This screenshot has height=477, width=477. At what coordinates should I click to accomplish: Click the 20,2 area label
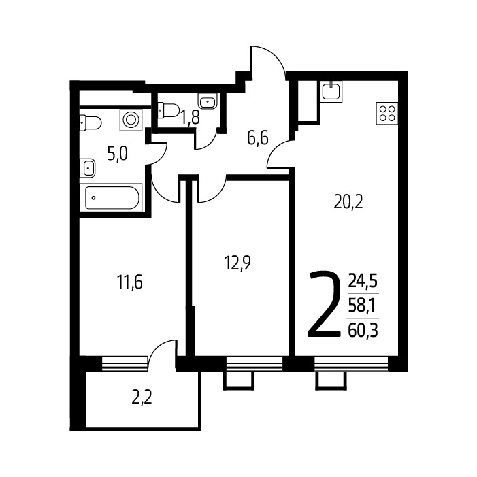click(x=348, y=202)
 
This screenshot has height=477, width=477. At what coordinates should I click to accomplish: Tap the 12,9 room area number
click(x=237, y=263)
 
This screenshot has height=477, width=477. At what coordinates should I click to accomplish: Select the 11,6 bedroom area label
click(x=129, y=282)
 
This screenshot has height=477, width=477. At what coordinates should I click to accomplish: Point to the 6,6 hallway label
click(x=258, y=139)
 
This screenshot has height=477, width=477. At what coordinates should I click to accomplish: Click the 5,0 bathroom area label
click(x=118, y=154)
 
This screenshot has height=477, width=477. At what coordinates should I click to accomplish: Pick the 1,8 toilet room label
click(x=191, y=118)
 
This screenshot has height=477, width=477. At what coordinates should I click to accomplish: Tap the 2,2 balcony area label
click(x=142, y=397)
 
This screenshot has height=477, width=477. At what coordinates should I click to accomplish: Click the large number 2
click(x=325, y=304)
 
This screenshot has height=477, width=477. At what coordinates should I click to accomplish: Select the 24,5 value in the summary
click(x=363, y=281)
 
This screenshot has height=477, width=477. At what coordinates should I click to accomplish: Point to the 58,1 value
click(x=362, y=306)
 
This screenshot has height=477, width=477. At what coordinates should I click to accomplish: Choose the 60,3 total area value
click(x=363, y=331)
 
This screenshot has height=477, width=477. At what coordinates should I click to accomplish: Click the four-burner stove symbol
click(x=387, y=114)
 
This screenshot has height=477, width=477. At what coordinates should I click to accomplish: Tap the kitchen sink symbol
click(x=331, y=91)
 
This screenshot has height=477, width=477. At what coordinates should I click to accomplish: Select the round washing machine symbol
click(x=131, y=120)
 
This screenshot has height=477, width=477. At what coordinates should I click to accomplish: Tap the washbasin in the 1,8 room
click(x=208, y=101)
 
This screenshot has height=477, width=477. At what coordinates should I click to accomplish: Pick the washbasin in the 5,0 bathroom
click(x=88, y=168)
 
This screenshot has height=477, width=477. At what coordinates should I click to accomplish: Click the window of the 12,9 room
click(x=254, y=363)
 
